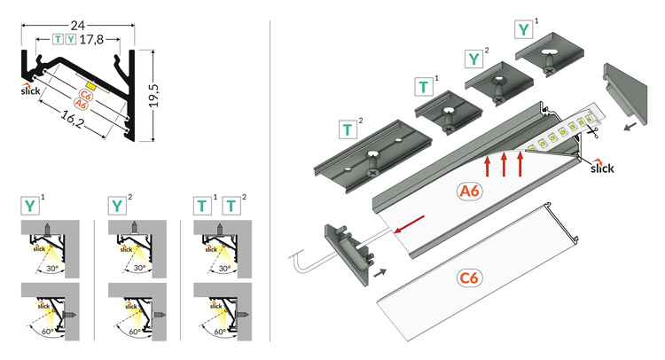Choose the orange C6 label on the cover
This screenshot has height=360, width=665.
[471, 279]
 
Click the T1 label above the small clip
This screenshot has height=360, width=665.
[426, 87]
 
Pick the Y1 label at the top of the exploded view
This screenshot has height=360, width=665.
[526, 29]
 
